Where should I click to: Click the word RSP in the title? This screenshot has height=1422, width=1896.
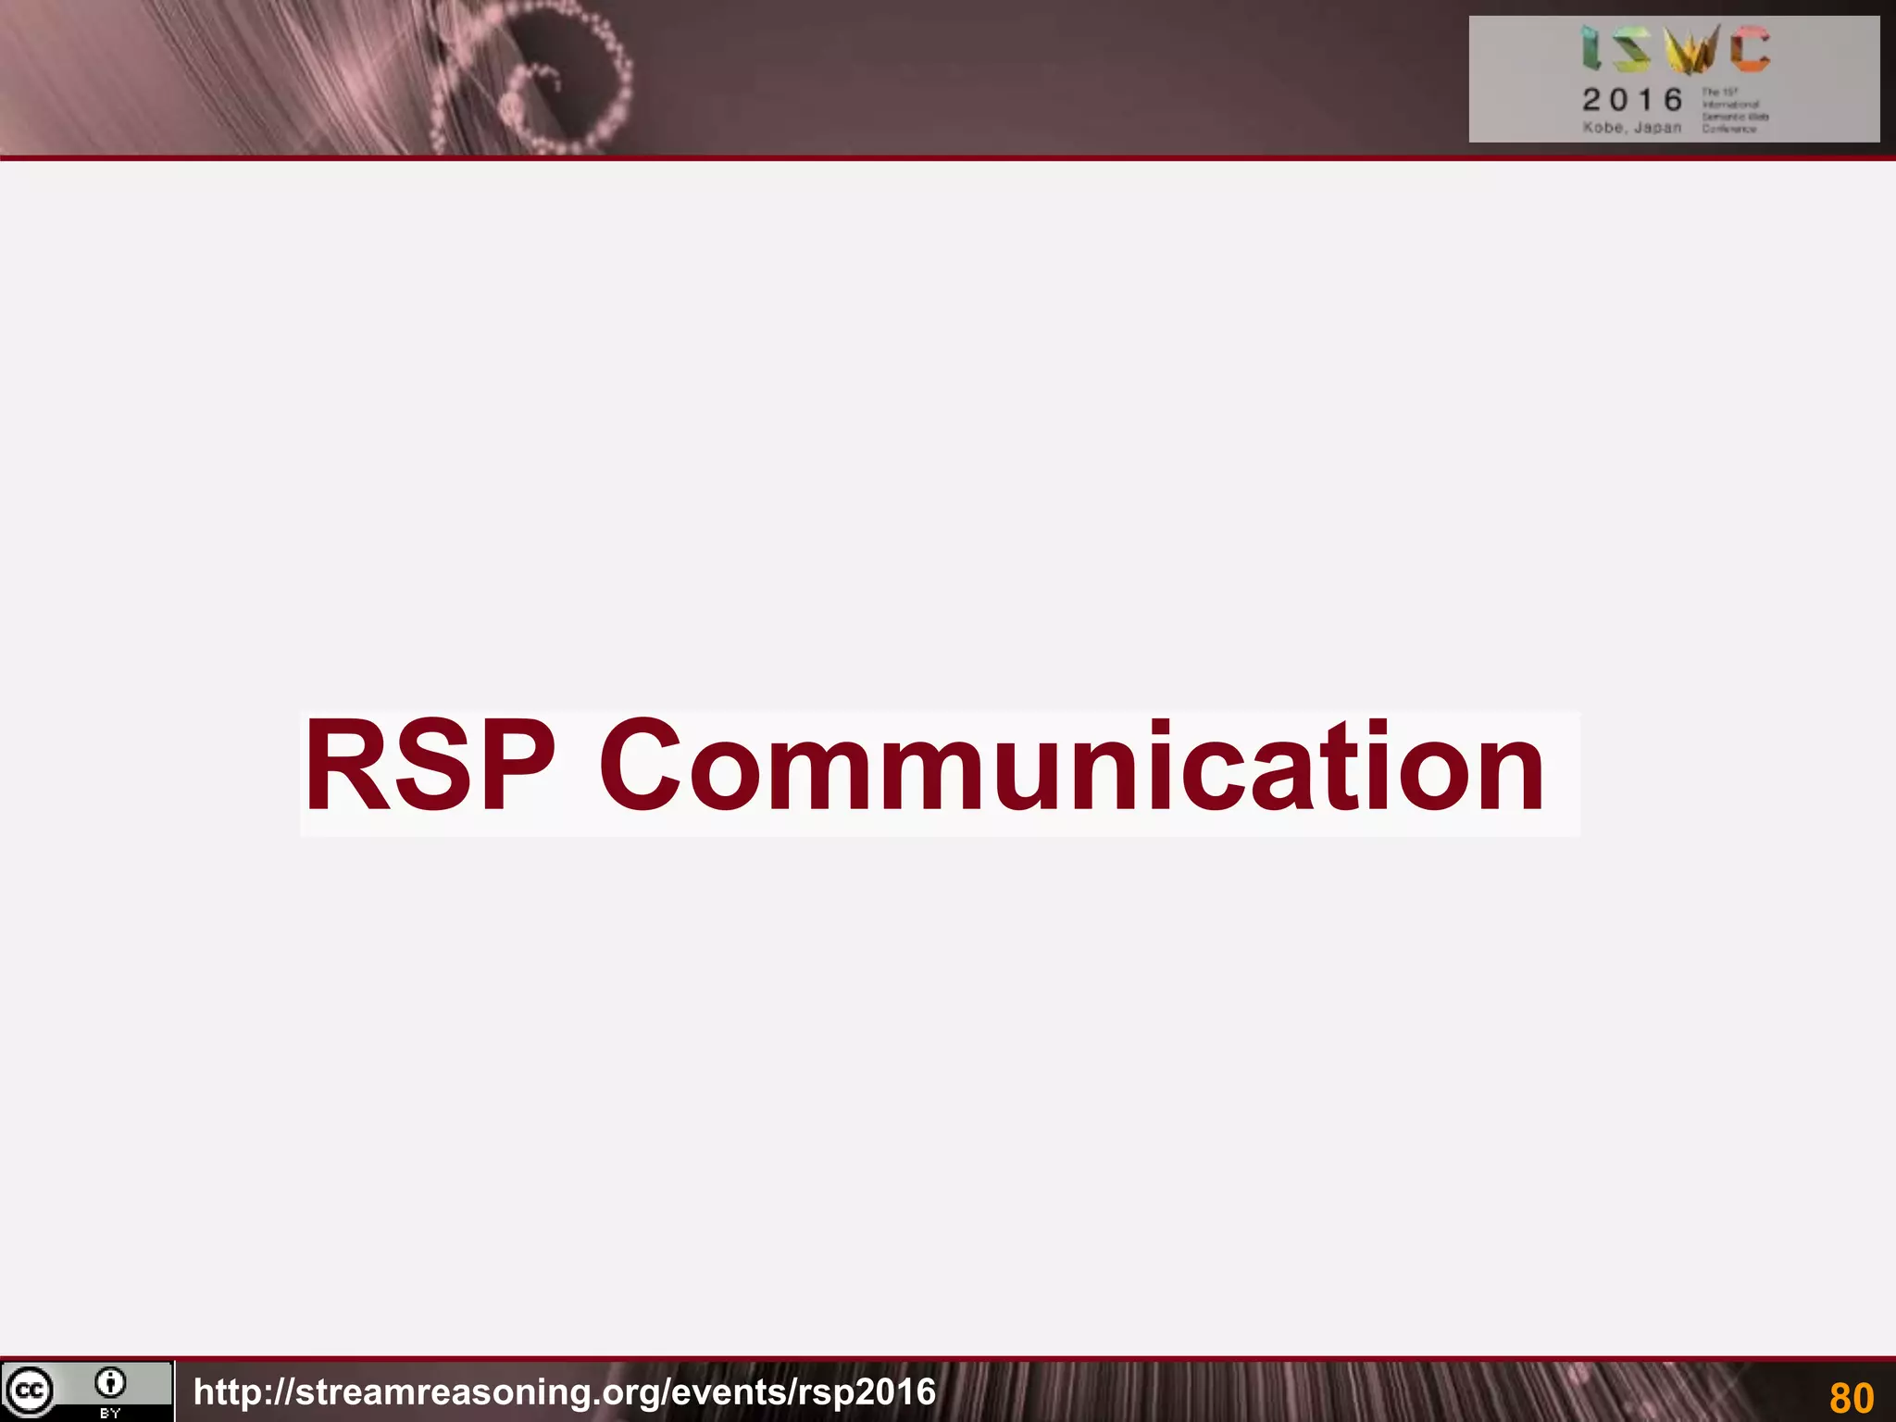click(430, 767)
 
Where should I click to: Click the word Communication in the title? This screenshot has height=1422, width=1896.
click(1071, 767)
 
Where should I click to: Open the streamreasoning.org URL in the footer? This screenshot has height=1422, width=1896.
click(565, 1392)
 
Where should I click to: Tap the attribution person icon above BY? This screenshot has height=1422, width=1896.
click(110, 1383)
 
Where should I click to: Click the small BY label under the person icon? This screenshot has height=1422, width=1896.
click(110, 1414)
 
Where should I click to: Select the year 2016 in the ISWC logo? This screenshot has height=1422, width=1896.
click(1632, 99)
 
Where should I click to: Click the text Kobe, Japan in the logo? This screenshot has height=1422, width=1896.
click(1631, 128)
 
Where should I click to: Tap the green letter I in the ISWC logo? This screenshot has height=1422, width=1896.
click(1591, 49)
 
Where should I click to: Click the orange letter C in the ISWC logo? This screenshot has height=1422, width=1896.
click(1751, 49)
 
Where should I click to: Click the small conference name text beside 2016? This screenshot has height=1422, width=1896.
click(1733, 111)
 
